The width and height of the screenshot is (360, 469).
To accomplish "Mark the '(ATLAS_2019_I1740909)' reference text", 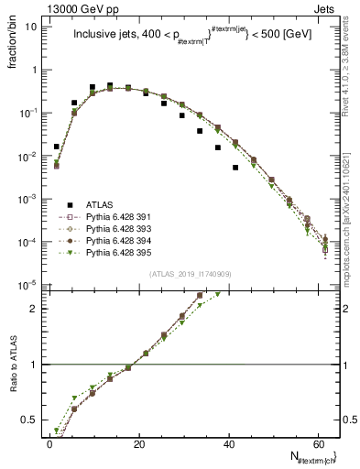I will (x=189, y=274).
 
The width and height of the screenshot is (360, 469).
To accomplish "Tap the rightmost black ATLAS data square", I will (x=235, y=168).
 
